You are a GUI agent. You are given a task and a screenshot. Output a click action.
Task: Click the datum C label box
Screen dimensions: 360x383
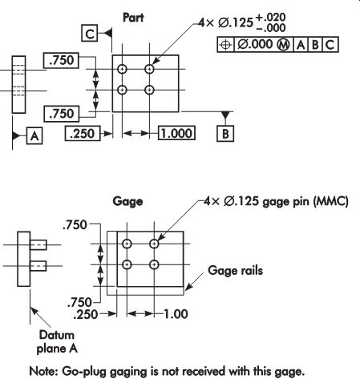tap(90, 34)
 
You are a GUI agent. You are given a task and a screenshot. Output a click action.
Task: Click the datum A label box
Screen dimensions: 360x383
tap(34, 136)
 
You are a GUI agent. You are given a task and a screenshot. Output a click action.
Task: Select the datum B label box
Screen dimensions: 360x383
tap(225, 134)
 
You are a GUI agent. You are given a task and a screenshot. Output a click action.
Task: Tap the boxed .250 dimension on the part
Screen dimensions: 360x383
tap(83, 133)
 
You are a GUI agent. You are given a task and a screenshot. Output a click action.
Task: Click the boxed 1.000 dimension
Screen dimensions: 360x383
tap(176, 133)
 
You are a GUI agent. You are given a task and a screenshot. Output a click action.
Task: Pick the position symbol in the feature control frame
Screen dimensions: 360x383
tap(225, 45)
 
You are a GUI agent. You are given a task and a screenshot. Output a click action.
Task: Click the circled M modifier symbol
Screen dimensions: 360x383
tap(283, 45)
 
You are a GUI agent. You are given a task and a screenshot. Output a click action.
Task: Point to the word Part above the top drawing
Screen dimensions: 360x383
tap(133, 18)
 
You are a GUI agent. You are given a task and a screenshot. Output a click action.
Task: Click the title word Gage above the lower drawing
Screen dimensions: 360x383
tap(127, 201)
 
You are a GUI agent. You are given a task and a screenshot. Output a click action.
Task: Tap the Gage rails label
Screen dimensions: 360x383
tap(236, 271)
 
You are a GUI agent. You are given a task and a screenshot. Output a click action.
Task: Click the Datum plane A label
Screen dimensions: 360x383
tap(57, 341)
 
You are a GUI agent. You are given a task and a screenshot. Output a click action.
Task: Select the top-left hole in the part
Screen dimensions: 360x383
tap(122, 69)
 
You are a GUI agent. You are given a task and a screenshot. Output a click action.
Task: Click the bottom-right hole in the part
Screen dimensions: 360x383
tap(149, 90)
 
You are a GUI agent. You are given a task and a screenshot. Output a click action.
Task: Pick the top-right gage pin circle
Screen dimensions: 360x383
tap(154, 244)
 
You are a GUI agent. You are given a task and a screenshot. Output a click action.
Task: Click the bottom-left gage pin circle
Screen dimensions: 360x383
tap(127, 264)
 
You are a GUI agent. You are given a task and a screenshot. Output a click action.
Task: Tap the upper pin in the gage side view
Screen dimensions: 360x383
tap(38, 244)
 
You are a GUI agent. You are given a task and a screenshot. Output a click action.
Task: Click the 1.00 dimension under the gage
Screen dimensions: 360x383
tap(176, 314)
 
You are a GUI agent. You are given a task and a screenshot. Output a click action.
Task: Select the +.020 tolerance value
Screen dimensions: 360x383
tap(271, 18)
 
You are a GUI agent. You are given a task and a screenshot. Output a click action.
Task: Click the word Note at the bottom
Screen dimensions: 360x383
tap(43, 371)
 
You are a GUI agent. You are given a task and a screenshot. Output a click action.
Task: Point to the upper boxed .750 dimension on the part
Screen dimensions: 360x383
tap(61, 60)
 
